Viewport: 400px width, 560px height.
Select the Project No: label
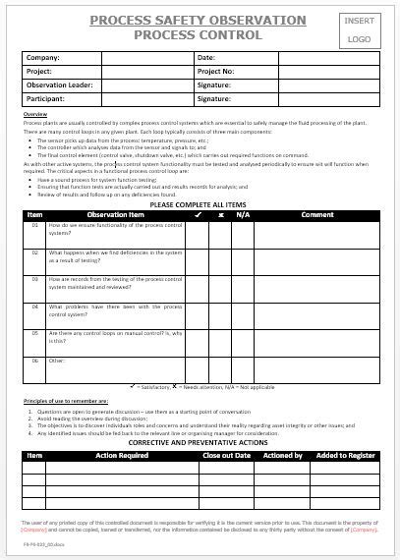coord(217,72)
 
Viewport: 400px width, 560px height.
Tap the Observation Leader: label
coord(60,85)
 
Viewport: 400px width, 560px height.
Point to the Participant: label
coord(46,99)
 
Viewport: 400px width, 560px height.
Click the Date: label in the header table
coord(206,58)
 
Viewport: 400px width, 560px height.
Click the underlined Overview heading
coord(34,115)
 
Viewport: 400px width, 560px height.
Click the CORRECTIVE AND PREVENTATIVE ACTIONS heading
coord(200,443)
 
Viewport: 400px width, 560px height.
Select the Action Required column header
coord(122,456)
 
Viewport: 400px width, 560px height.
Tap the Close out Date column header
coord(227,456)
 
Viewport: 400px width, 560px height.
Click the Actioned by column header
coord(283,456)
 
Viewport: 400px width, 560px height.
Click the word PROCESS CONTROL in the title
coord(198,34)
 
